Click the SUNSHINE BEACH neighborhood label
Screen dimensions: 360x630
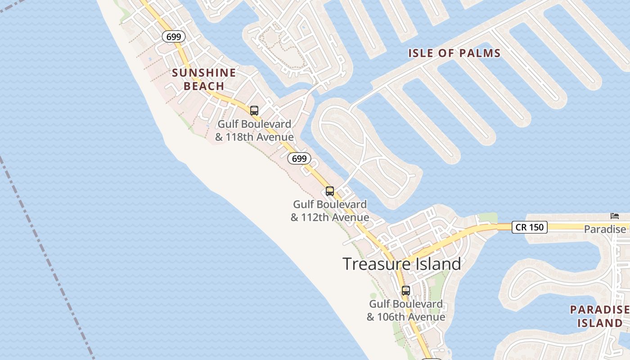coord(204,79)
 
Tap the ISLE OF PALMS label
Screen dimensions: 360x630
coord(454,53)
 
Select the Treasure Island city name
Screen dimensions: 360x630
coord(402,264)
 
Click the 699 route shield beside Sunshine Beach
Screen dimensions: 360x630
coord(173,37)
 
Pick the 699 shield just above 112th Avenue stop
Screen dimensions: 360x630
coord(299,158)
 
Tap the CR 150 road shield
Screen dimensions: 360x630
coord(529,227)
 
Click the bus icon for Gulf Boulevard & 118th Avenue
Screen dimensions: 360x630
coord(254,110)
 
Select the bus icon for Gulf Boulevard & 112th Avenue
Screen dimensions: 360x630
coord(330,191)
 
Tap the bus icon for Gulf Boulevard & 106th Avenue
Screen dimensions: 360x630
coord(406,291)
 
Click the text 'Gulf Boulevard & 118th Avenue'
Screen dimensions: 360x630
coord(254,130)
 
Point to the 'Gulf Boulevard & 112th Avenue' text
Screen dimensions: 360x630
coord(330,211)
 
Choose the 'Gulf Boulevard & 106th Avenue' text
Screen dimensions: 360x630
coord(406,310)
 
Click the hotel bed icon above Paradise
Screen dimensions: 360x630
coord(615,216)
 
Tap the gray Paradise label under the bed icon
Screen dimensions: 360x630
coord(605,229)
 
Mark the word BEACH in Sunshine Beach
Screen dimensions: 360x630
coord(204,86)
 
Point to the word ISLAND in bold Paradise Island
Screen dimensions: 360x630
coord(600,323)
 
